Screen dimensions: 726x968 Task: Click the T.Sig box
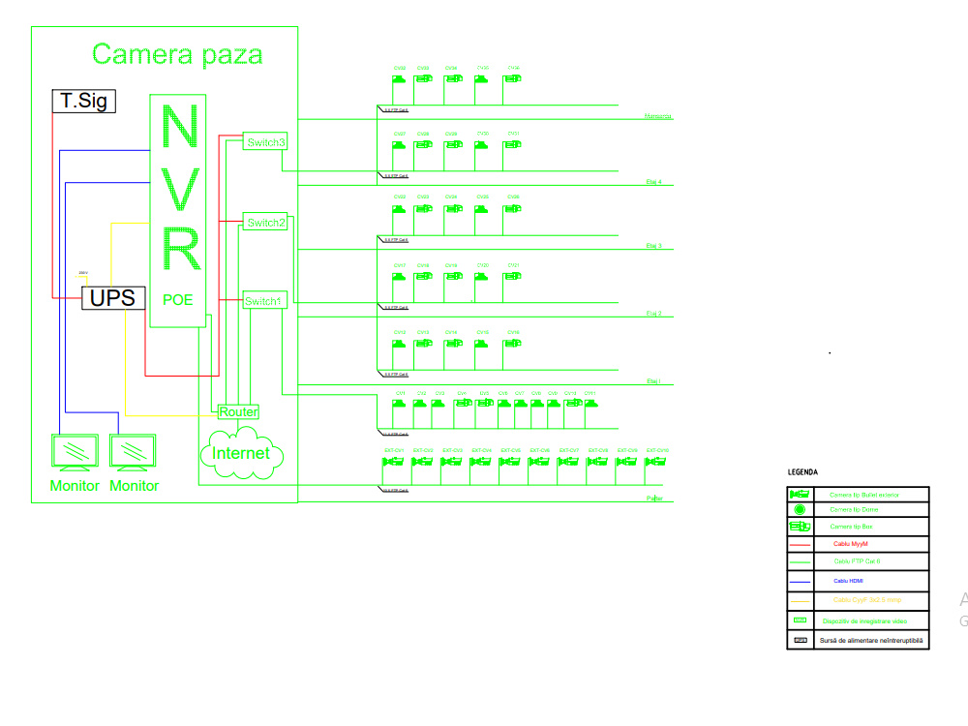[x=83, y=101]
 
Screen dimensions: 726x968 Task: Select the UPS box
[x=112, y=297]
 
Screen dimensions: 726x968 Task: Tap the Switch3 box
[x=266, y=143]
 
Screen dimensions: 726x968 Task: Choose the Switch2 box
[x=266, y=223]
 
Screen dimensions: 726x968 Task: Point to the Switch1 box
[x=264, y=301]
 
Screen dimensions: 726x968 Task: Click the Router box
[x=238, y=411]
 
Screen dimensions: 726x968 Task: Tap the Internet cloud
[x=241, y=453]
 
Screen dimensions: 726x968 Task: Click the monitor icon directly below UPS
[x=133, y=451]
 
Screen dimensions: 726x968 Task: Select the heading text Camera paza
[x=177, y=54]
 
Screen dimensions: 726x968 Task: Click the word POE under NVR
[x=178, y=300]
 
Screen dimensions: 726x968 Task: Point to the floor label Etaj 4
[x=653, y=181]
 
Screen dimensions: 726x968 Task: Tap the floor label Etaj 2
[x=653, y=314]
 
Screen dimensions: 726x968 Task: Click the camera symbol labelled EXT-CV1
[x=393, y=463]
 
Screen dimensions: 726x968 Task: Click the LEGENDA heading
[x=802, y=472]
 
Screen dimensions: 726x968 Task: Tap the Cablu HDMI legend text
[x=849, y=581]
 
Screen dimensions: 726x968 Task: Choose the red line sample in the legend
[x=801, y=545]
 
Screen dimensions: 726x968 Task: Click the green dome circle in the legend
[x=801, y=509]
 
